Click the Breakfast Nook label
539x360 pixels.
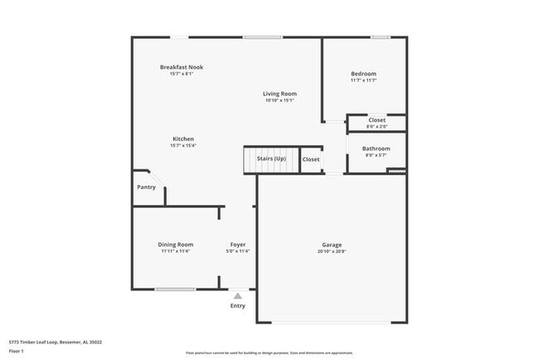tap(182, 67)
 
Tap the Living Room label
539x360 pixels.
tap(280, 94)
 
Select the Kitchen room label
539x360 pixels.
tap(183, 139)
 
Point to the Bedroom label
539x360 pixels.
tap(363, 74)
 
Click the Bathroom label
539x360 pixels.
tap(376, 148)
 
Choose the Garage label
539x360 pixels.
tap(333, 245)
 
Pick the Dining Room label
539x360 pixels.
tap(176, 244)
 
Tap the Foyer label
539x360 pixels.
tap(238, 244)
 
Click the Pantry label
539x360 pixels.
tap(146, 187)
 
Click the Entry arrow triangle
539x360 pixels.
tap(238, 295)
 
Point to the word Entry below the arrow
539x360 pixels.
tap(238, 306)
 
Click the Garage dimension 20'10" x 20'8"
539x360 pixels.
tap(333, 251)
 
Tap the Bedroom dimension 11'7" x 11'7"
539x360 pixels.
tap(363, 80)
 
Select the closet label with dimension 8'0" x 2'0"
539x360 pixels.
tap(377, 121)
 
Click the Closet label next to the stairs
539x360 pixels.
tap(311, 159)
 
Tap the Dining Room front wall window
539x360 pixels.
tap(176, 289)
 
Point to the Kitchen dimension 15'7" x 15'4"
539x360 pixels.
tap(183, 145)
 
